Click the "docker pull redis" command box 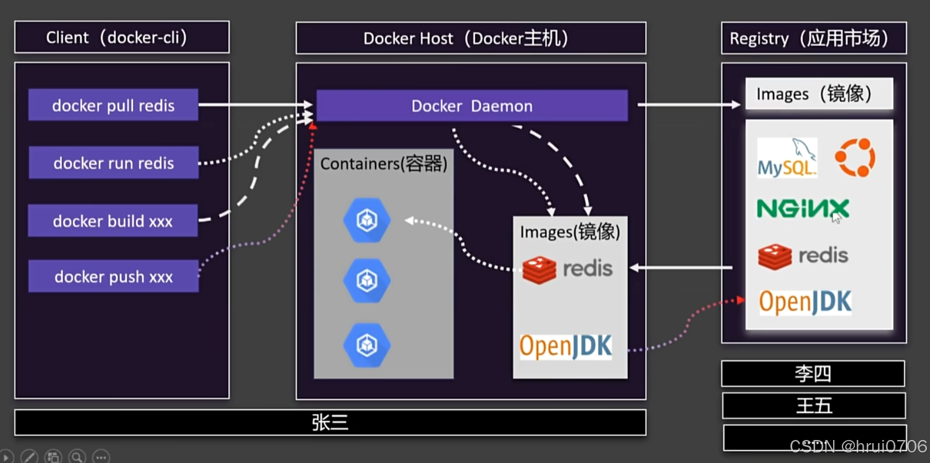coord(114,105)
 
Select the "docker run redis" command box coord(114,162)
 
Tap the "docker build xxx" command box coord(113,220)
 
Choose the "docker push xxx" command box coord(114,276)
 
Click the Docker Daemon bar coord(472,106)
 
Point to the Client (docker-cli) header coord(122,37)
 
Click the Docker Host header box coord(471,38)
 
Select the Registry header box coord(814,38)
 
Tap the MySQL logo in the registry coord(787,158)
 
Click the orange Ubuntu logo coord(856,158)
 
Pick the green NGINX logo coord(803,208)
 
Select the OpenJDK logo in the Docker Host coord(566,346)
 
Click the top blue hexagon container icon coord(367,220)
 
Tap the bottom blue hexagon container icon coord(367,346)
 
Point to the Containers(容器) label coord(384,163)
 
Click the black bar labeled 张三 coord(330,423)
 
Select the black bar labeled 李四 coord(813,374)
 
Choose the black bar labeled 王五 coord(814,405)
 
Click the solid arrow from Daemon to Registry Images coord(689,105)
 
